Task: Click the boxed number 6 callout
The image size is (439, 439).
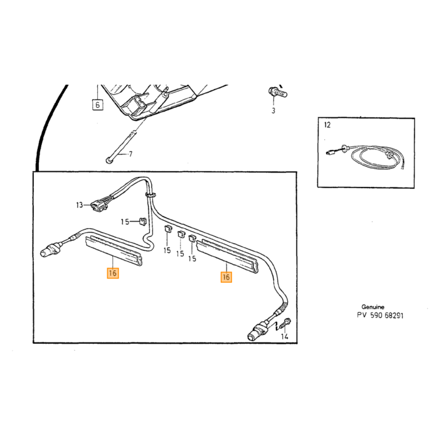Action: (x=97, y=105)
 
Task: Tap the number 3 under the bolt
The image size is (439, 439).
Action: (x=273, y=110)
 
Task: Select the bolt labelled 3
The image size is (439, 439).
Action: (x=277, y=92)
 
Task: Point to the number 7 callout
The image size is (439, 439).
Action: (x=130, y=154)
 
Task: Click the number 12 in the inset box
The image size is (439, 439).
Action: (x=327, y=125)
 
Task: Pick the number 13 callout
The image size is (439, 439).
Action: (x=80, y=205)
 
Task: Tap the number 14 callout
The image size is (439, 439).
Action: (x=285, y=336)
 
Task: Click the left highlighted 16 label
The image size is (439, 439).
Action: (x=113, y=273)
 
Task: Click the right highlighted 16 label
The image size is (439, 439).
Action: (x=226, y=277)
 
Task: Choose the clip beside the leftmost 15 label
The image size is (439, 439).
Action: (x=143, y=221)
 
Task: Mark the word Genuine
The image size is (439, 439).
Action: (x=373, y=307)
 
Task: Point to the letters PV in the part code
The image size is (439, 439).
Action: (x=361, y=315)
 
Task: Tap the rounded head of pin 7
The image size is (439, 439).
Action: (x=108, y=161)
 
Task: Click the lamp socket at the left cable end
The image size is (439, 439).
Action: (x=50, y=250)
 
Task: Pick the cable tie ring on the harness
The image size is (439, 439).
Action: (x=151, y=194)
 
